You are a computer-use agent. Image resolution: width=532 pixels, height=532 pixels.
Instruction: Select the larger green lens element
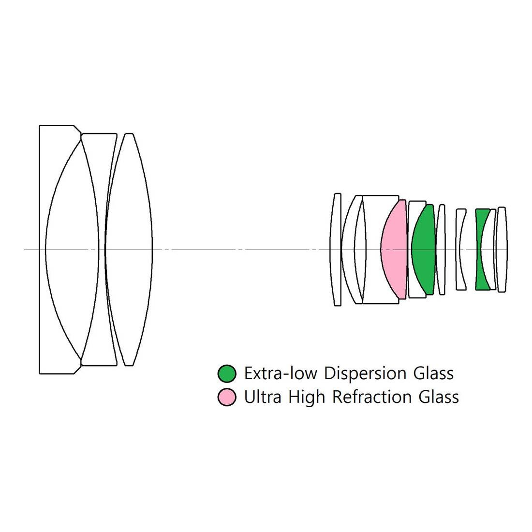(x=423, y=250)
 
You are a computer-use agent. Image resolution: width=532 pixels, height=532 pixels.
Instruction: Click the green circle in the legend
(x=227, y=373)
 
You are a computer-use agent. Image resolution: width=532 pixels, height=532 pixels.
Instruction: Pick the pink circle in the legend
(x=227, y=397)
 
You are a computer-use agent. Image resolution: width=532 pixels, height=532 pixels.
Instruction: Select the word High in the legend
(x=307, y=398)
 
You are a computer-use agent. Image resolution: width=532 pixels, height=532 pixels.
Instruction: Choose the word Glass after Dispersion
(x=434, y=373)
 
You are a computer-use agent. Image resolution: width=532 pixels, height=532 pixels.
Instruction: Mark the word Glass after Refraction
(x=439, y=398)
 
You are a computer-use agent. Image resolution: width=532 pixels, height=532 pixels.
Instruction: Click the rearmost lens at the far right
(x=502, y=250)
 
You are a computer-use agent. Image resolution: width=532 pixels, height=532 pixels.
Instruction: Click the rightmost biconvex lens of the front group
(x=129, y=250)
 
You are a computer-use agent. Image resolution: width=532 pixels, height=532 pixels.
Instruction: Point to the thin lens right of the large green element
(x=441, y=250)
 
